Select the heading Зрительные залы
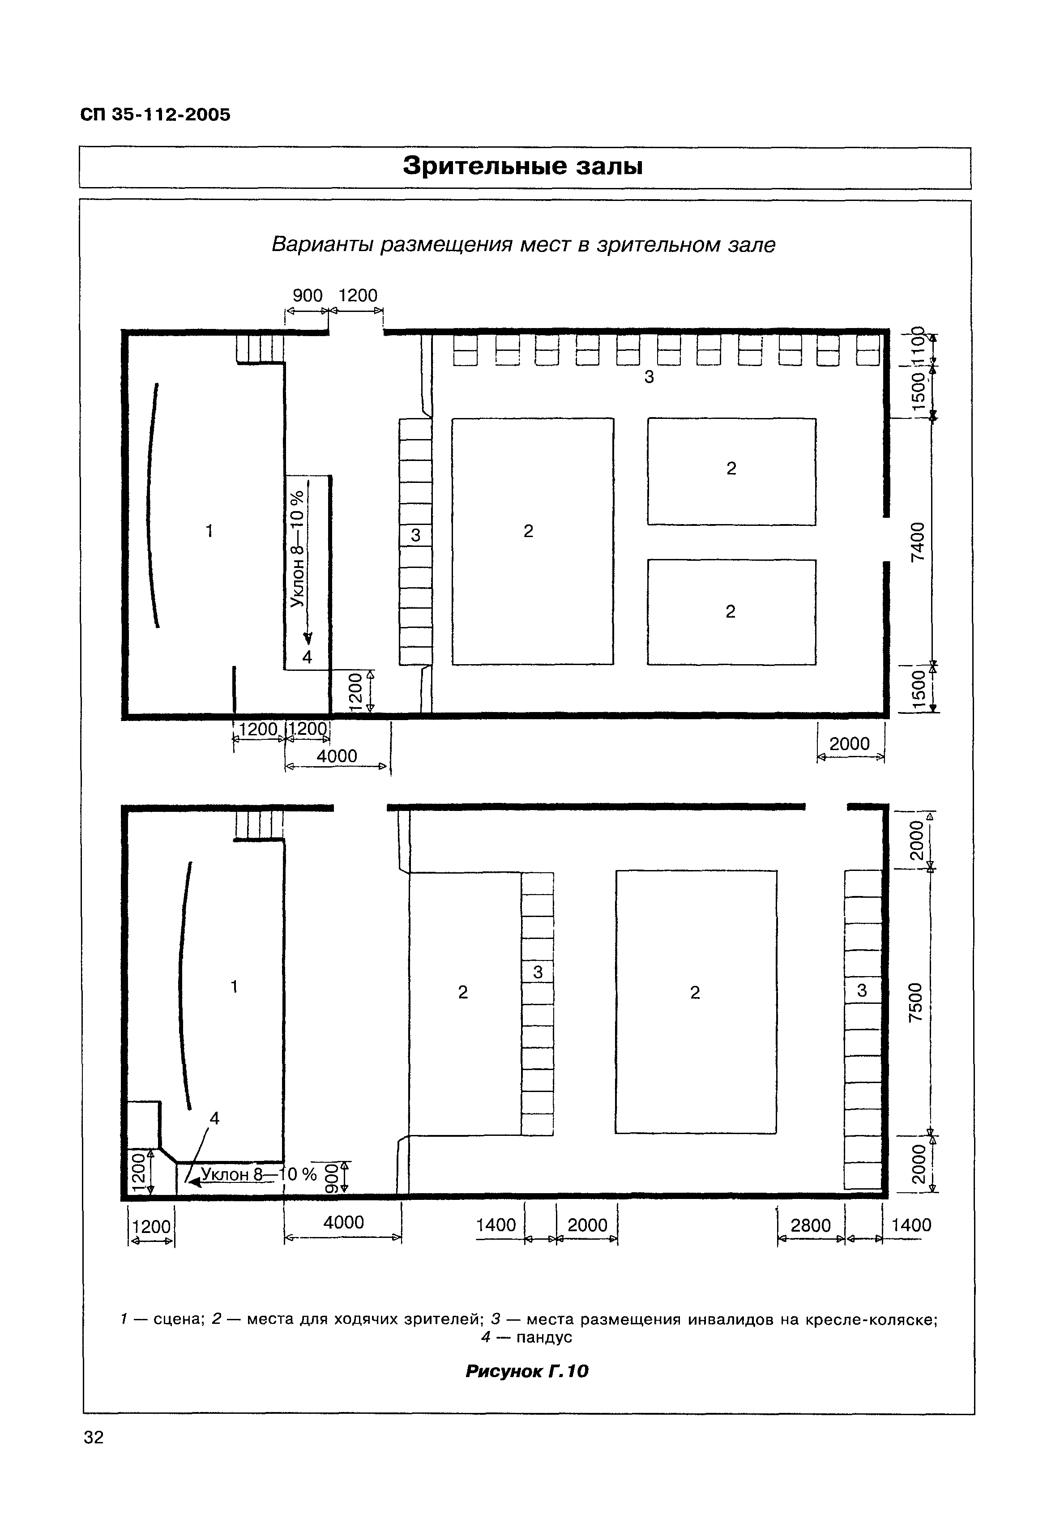click(x=523, y=166)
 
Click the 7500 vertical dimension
click(x=916, y=1003)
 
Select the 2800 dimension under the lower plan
click(x=811, y=1225)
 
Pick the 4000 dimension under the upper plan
click(x=337, y=756)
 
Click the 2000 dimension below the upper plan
click(x=850, y=744)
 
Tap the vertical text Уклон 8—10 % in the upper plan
click(x=297, y=549)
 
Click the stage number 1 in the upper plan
click(x=209, y=531)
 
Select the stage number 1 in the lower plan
click(x=234, y=986)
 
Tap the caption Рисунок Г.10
click(x=527, y=1371)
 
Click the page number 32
click(x=94, y=1438)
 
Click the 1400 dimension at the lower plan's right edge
click(x=912, y=1225)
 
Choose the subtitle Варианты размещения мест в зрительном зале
click(x=523, y=245)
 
